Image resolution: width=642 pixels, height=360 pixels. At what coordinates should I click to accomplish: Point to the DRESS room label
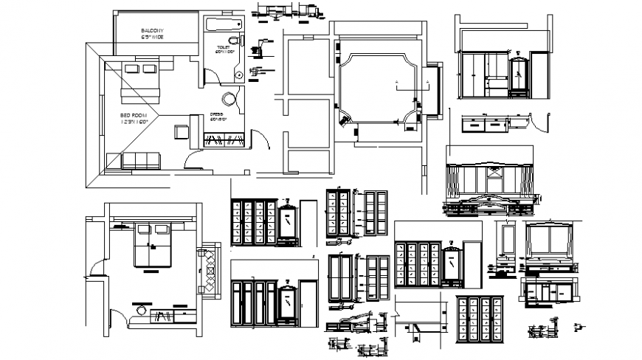[217, 116]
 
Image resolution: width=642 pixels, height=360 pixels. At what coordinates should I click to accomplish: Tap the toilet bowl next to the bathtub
[233, 40]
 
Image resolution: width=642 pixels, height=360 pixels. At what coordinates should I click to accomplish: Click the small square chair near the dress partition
[182, 132]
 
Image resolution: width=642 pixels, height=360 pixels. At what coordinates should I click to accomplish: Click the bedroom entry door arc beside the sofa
[191, 155]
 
